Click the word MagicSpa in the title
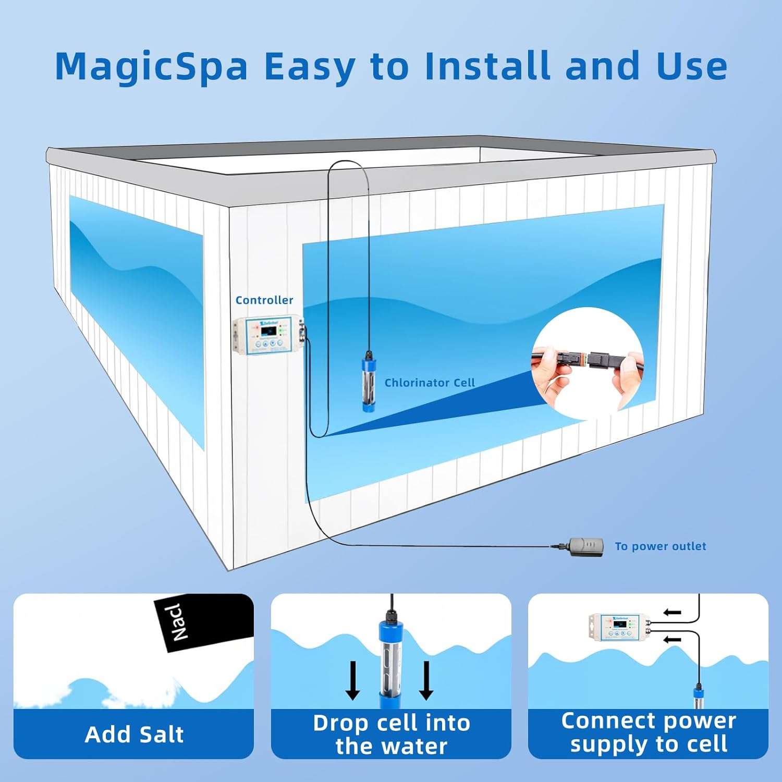click(x=151, y=67)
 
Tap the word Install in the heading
click(x=487, y=66)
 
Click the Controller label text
click(x=264, y=300)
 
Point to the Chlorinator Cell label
click(x=430, y=383)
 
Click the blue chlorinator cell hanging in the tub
click(x=370, y=383)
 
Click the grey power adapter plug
click(x=586, y=546)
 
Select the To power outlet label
click(x=660, y=546)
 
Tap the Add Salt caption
click(x=134, y=734)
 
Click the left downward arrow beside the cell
click(x=353, y=680)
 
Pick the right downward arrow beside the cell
click(x=426, y=680)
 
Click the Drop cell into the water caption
click(x=391, y=734)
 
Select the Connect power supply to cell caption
click(x=648, y=732)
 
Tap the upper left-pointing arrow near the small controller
click(x=673, y=612)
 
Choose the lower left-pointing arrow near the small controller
click(x=673, y=639)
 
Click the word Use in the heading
click(x=692, y=66)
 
